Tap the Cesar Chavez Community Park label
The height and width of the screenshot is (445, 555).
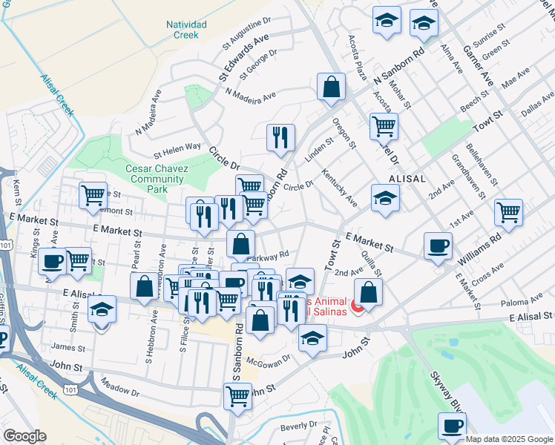[x=157, y=179]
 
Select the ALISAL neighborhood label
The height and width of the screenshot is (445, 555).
[x=407, y=179]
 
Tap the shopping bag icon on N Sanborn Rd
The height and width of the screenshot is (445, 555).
[x=331, y=87]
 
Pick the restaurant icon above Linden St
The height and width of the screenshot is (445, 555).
[x=280, y=137]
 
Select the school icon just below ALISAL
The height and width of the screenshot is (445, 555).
[x=385, y=198]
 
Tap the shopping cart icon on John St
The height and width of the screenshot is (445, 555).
[x=237, y=395]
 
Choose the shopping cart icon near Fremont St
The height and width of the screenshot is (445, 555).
[x=93, y=196]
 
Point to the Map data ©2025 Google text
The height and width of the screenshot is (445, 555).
[x=509, y=438]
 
